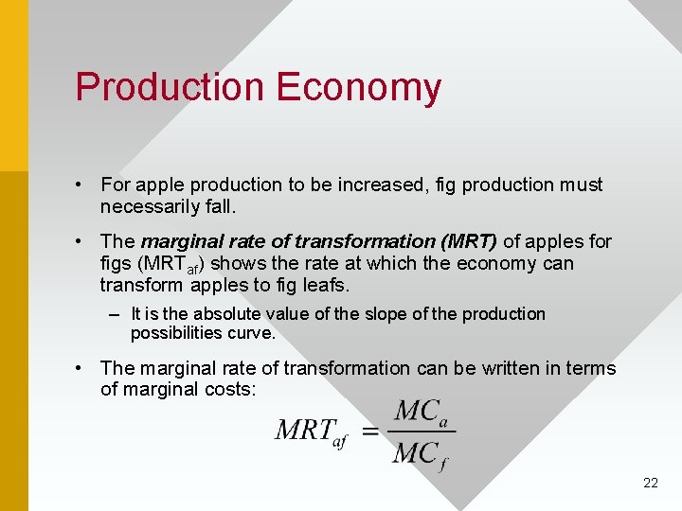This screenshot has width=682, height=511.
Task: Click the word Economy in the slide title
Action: [x=359, y=87]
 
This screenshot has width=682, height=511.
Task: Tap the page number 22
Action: [x=650, y=483]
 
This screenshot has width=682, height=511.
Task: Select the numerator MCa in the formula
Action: [x=421, y=412]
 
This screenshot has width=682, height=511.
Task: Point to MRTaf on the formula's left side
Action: [x=310, y=432]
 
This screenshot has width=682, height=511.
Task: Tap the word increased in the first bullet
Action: [x=350, y=185]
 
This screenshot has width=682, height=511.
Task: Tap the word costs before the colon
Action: [x=230, y=389]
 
